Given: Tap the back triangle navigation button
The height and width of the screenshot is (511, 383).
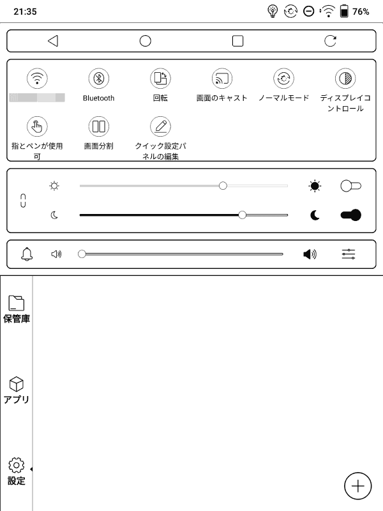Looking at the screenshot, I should tap(53, 41).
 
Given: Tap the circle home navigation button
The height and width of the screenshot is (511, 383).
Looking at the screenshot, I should tap(145, 41).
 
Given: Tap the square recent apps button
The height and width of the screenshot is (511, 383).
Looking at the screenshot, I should tap(237, 41).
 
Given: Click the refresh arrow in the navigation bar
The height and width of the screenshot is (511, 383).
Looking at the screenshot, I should tap(330, 41).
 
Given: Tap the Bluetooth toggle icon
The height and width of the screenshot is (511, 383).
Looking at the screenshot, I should tap(98, 79).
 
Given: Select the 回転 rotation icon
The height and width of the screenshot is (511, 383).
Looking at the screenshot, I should tap(160, 79).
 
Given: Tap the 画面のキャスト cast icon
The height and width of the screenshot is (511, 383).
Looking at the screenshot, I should tap(222, 79).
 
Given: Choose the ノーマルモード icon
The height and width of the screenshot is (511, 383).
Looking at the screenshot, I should tap(283, 79).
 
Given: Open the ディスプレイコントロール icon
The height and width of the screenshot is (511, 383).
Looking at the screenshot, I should tap(345, 79).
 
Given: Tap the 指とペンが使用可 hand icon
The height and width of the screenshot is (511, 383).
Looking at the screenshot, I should tap(37, 126).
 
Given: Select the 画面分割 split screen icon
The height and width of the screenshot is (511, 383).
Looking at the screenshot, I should tap(98, 126).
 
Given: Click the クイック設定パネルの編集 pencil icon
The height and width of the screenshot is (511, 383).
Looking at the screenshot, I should tap(160, 126).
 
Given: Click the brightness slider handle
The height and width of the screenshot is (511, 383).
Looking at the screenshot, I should tap(223, 186).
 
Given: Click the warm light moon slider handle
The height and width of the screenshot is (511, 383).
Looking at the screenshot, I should tap(242, 215).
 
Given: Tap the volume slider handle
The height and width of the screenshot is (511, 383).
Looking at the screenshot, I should tap(82, 254).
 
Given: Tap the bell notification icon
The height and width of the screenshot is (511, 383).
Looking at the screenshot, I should tap(27, 254).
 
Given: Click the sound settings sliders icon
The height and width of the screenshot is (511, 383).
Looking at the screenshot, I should tap(349, 254).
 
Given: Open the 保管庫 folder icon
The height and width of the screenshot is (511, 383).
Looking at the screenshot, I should tap(17, 303).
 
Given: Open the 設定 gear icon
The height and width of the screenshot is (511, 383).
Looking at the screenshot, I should tap(17, 465).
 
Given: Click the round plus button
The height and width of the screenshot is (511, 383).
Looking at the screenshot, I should tap(357, 486).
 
